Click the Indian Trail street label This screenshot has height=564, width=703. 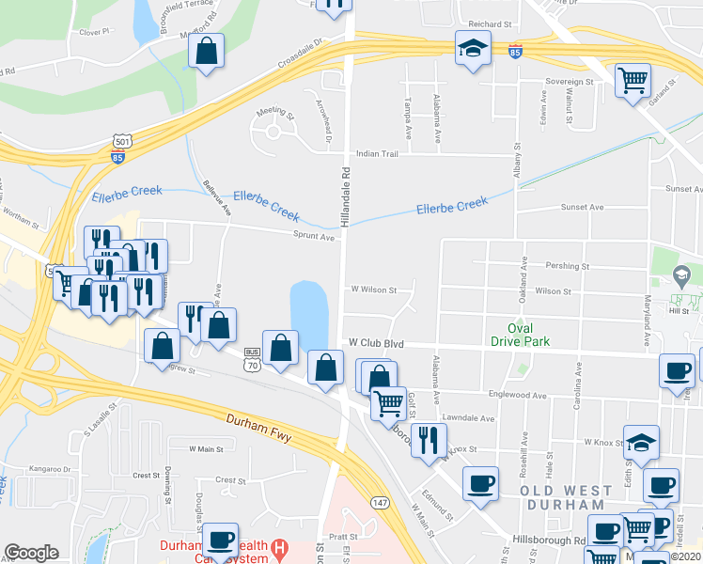click(377, 154)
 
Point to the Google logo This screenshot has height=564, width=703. click(31, 553)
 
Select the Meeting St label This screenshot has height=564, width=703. click(276, 111)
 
